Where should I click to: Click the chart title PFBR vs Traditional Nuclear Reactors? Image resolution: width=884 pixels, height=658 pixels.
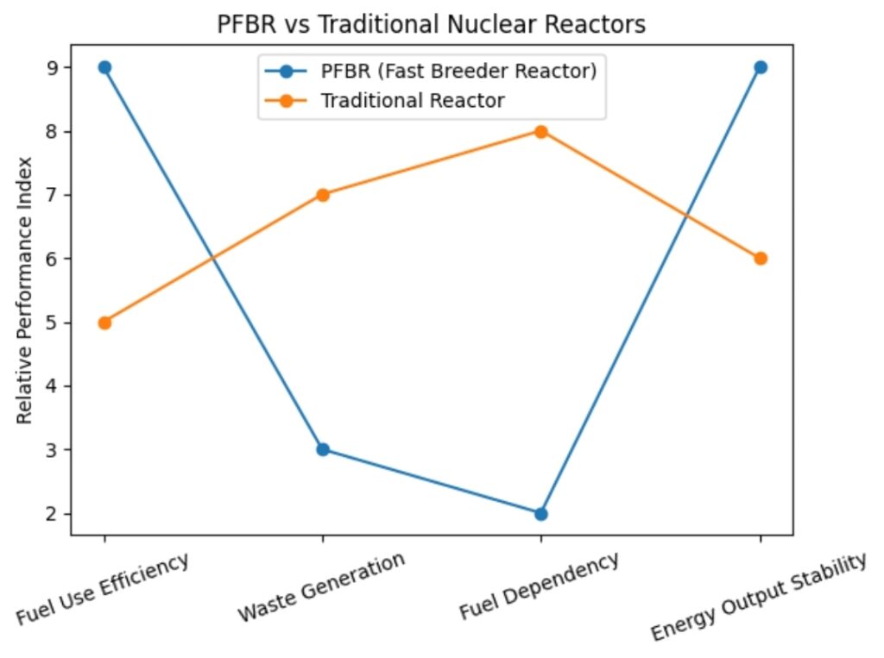(x=431, y=25)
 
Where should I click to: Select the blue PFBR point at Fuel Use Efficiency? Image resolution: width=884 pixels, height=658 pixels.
(x=104, y=67)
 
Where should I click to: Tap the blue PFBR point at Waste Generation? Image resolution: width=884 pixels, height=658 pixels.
(x=323, y=449)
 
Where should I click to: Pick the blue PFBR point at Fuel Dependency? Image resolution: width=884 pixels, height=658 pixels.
(x=541, y=514)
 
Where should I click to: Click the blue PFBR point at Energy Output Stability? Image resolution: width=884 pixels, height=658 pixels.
(x=761, y=67)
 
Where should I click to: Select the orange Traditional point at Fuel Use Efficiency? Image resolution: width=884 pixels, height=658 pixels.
(x=104, y=323)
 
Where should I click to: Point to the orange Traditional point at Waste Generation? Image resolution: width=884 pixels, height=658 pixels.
(x=323, y=195)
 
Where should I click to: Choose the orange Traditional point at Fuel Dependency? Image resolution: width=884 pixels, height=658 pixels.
(x=541, y=131)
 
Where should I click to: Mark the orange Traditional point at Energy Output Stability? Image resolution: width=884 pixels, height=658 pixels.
(x=761, y=259)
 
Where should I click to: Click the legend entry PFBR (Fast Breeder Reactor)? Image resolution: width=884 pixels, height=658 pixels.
(x=458, y=72)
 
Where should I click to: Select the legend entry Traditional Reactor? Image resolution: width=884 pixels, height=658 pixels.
(x=412, y=100)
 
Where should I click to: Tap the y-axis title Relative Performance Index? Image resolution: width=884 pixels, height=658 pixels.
(x=25, y=290)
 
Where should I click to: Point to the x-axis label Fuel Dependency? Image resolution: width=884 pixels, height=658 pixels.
(x=539, y=586)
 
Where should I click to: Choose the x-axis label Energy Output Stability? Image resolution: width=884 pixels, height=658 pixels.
(x=758, y=598)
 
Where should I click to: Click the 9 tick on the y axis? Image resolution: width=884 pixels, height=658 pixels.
(x=53, y=67)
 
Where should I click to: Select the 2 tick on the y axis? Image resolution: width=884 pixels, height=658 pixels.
(x=53, y=514)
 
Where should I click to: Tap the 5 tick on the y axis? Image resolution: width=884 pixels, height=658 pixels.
(x=53, y=323)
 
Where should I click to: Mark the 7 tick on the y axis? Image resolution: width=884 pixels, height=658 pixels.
(x=53, y=195)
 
